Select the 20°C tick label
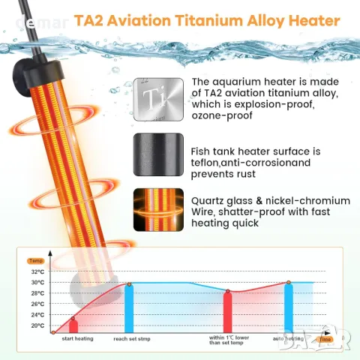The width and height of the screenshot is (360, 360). pos(37,326)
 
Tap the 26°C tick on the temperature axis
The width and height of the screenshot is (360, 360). pos(37,304)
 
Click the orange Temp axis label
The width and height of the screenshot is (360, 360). pos(36,261)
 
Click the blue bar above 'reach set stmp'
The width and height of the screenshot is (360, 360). pos(129,307)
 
